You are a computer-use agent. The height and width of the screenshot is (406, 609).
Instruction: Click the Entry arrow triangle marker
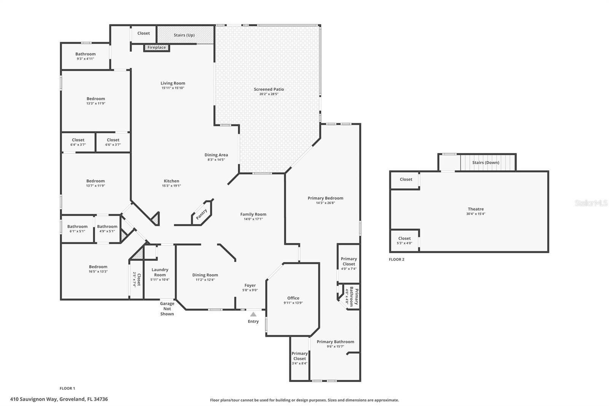(253, 314)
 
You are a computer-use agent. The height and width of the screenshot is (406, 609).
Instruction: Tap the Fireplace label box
(157, 48)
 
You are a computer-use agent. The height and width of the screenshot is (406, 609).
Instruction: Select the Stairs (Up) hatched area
(185, 35)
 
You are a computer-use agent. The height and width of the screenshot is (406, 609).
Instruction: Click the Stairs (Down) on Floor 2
(486, 163)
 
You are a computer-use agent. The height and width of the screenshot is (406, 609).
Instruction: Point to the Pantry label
(201, 214)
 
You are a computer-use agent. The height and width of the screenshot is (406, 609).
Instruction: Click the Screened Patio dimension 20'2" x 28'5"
(269, 94)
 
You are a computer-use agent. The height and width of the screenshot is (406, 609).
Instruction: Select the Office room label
(293, 298)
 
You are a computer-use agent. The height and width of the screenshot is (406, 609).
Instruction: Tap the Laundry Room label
(160, 272)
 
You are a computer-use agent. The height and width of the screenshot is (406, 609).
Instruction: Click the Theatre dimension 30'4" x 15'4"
(476, 214)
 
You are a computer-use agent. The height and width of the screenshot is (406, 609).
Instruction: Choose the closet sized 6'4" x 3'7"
(78, 142)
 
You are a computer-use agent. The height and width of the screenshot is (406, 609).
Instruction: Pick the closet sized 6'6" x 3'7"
(113, 142)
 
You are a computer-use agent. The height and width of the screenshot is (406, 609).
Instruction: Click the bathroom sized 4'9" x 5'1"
(107, 229)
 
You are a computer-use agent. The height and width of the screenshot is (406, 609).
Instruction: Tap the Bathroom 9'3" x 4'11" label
(85, 56)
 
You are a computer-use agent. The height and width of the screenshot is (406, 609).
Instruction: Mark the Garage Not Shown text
(167, 308)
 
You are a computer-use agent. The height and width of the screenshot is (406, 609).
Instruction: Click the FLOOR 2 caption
(396, 259)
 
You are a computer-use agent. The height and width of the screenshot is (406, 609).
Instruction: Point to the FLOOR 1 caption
(67, 388)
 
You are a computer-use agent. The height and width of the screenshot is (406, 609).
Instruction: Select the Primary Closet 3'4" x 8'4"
(300, 358)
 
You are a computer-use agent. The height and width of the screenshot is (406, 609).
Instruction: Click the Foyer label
(250, 285)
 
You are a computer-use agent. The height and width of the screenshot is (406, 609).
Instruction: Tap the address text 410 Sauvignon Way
(59, 399)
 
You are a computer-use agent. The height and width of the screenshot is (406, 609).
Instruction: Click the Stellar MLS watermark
(591, 203)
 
